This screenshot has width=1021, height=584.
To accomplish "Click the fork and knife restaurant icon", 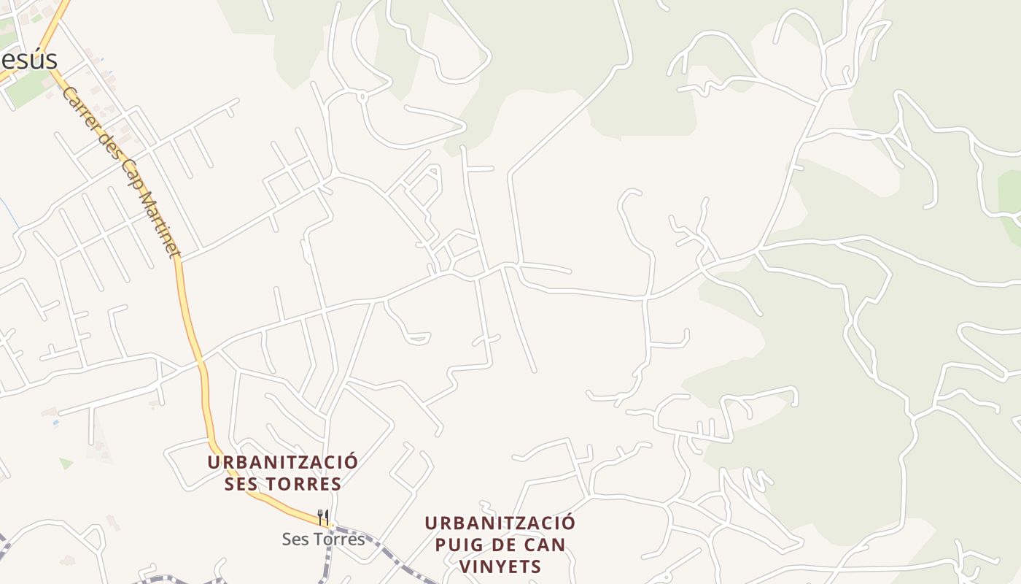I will (x=323, y=518).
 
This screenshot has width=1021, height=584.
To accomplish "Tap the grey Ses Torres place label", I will (x=323, y=539).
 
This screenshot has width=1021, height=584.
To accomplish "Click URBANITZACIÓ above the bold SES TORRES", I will (x=282, y=463).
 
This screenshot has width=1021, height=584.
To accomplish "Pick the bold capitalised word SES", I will (x=241, y=484).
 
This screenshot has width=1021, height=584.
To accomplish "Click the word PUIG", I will (x=461, y=545).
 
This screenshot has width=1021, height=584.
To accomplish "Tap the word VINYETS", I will (x=500, y=566).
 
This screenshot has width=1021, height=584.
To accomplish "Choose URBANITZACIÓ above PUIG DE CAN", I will (x=500, y=523).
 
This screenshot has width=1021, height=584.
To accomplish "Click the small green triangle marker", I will (x=66, y=463).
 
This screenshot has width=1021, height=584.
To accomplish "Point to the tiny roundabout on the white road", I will (x=361, y=95).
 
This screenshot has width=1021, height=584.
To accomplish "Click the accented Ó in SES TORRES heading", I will (x=352, y=463).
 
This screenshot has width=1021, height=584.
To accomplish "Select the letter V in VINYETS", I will (x=465, y=566).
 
